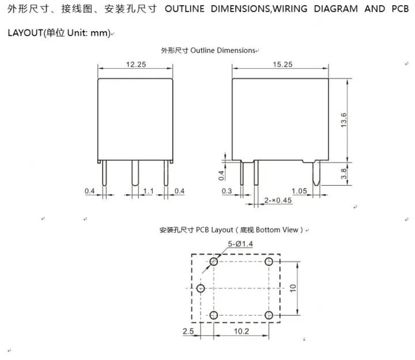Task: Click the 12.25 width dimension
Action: (136, 65)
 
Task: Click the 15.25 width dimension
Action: (282, 65)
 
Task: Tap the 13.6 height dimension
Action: (344, 120)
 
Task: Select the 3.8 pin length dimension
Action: (344, 174)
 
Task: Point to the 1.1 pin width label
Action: (148, 191)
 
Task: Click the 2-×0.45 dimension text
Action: (278, 200)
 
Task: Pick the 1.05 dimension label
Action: (299, 191)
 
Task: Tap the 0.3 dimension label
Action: (227, 191)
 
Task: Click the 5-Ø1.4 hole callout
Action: (240, 243)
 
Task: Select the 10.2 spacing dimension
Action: (242, 331)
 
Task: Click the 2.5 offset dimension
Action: (188, 331)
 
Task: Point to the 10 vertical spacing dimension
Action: (293, 288)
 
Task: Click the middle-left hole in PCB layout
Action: (201, 288)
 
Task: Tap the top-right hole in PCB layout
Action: (269, 262)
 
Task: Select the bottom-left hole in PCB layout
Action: (214, 315)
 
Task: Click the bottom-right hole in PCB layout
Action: (269, 315)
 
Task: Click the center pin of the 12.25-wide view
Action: (135, 173)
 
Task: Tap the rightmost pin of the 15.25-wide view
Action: (316, 173)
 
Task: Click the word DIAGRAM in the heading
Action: (335, 9)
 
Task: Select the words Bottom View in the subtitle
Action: (277, 230)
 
